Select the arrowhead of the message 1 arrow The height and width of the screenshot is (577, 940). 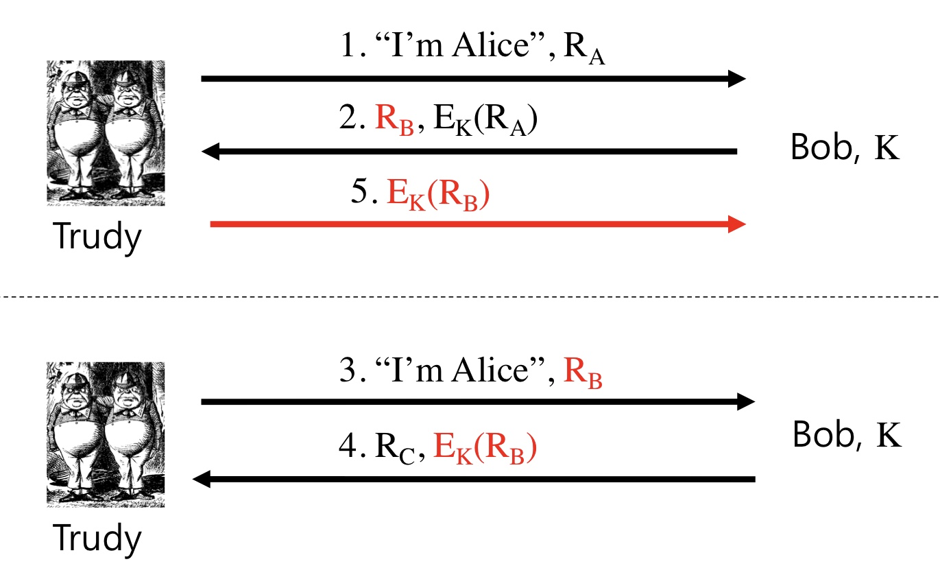coord(736,79)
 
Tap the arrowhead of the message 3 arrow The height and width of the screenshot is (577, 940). coord(745,401)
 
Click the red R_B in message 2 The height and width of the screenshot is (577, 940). coord(395,121)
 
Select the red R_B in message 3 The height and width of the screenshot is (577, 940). coord(582,373)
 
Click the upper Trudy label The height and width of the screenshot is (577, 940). coord(97,237)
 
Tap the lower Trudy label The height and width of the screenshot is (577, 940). coord(97,539)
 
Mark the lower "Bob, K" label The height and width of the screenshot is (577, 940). coord(846,435)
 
